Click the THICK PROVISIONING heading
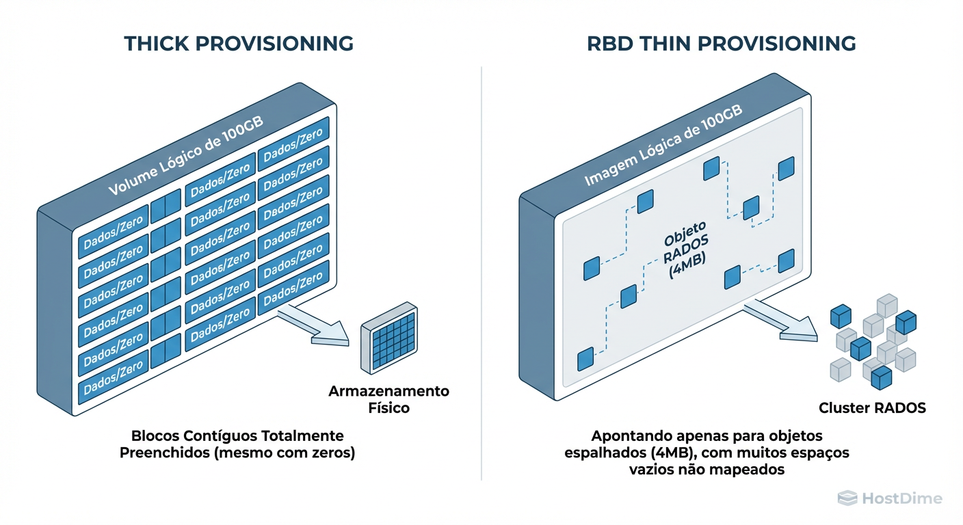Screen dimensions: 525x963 239,44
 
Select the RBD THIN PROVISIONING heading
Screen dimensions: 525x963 722,44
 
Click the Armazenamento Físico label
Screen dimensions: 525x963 388,400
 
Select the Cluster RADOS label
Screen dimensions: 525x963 872,409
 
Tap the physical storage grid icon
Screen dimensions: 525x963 388,338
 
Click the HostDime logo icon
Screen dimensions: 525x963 847,498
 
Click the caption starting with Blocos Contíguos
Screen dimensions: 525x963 237,444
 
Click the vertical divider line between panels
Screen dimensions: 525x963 481,273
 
